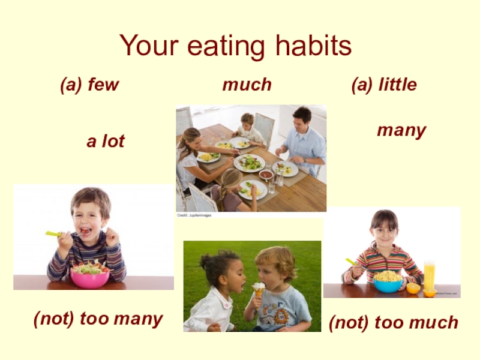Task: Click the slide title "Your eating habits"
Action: (235, 46)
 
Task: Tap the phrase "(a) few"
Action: (89, 85)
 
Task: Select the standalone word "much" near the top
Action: (247, 85)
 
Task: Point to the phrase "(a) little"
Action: (383, 85)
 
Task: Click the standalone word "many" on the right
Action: (401, 130)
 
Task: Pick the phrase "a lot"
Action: (106, 142)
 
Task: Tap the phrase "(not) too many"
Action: (98, 319)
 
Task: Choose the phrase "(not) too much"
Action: (393, 323)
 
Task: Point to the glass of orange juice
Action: (429, 274)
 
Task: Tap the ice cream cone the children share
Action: (259, 289)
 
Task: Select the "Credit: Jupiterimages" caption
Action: (194, 215)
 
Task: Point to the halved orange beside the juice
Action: (413, 288)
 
